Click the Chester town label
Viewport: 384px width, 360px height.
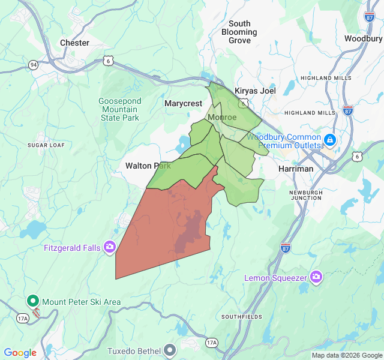pos(74,43)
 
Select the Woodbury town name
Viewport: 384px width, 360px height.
pos(363,38)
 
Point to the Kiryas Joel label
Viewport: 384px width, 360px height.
pos(254,91)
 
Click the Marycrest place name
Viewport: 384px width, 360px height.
pos(184,103)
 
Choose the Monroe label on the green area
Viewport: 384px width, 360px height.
pos(222,117)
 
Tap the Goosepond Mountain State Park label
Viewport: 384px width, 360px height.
pos(119,109)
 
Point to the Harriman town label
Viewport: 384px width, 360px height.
pos(296,169)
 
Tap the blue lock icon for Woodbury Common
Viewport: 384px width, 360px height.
pos(329,140)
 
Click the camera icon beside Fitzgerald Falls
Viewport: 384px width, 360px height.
pos(110,247)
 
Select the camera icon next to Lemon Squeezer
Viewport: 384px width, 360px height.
pos(316,277)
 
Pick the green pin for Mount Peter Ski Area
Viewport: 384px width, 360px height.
pos(32,301)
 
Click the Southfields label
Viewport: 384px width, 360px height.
pos(242,316)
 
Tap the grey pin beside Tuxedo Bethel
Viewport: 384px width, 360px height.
pos(171,349)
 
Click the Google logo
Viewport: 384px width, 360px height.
pos(20,353)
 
